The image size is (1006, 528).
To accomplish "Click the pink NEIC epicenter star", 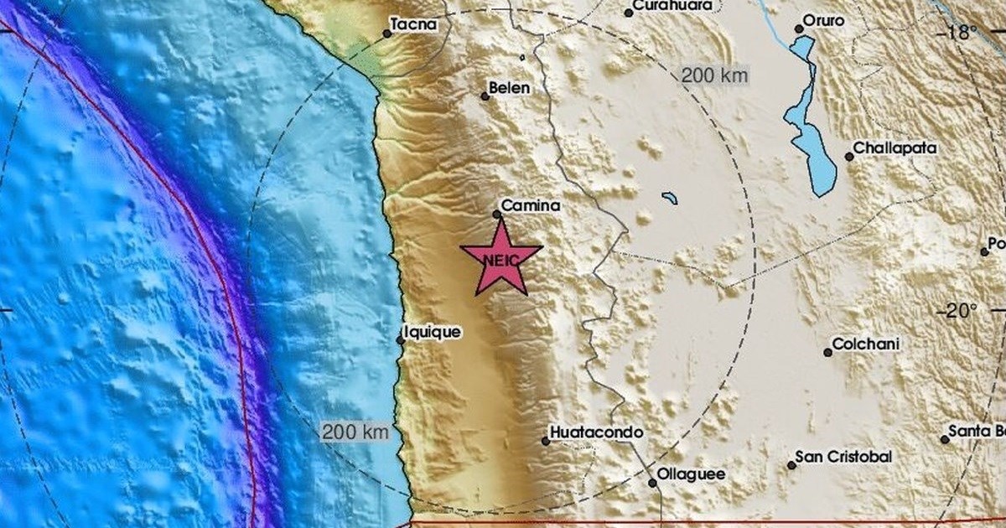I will [501, 259].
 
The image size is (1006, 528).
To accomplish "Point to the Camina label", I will [530, 204].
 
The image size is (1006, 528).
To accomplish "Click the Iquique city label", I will [433, 332].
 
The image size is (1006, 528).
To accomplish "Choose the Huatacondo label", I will [596, 432].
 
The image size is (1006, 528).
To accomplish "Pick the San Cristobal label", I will [843, 457].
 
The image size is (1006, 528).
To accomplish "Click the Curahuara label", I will [673, 6].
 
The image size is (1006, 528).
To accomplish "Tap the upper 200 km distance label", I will [714, 75].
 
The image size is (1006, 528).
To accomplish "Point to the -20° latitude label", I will [957, 312].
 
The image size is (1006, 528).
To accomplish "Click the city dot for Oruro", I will [799, 28].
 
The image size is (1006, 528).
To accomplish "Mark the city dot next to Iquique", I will [401, 339].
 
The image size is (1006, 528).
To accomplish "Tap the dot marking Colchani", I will [827, 352].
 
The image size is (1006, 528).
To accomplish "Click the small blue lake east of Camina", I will [669, 199].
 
